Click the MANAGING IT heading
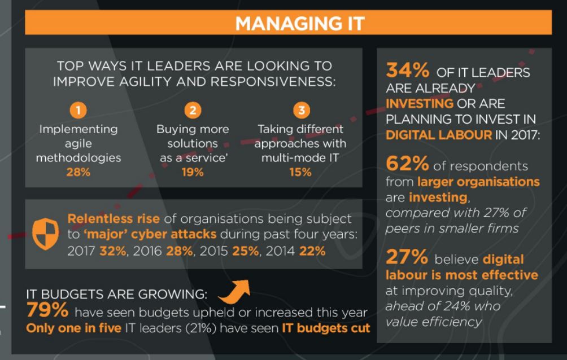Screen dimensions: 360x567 (299, 23)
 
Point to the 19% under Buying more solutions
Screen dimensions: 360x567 (193, 172)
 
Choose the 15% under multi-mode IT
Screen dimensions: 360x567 (300, 172)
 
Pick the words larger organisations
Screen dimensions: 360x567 (478, 182)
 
